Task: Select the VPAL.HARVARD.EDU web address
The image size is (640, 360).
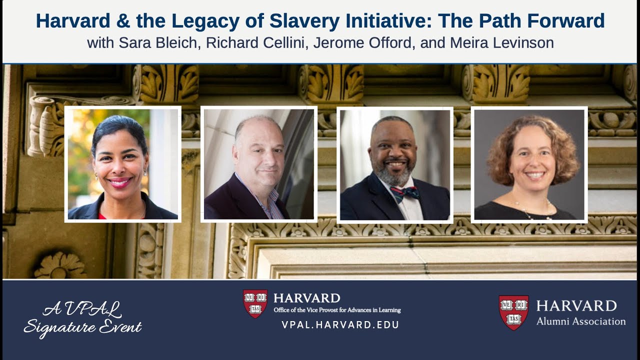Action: click(340, 325)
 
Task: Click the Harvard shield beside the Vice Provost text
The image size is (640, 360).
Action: click(255, 303)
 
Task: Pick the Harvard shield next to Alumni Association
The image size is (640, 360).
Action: click(513, 312)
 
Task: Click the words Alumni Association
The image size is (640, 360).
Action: click(580, 321)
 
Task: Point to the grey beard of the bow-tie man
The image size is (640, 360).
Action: click(395, 175)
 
